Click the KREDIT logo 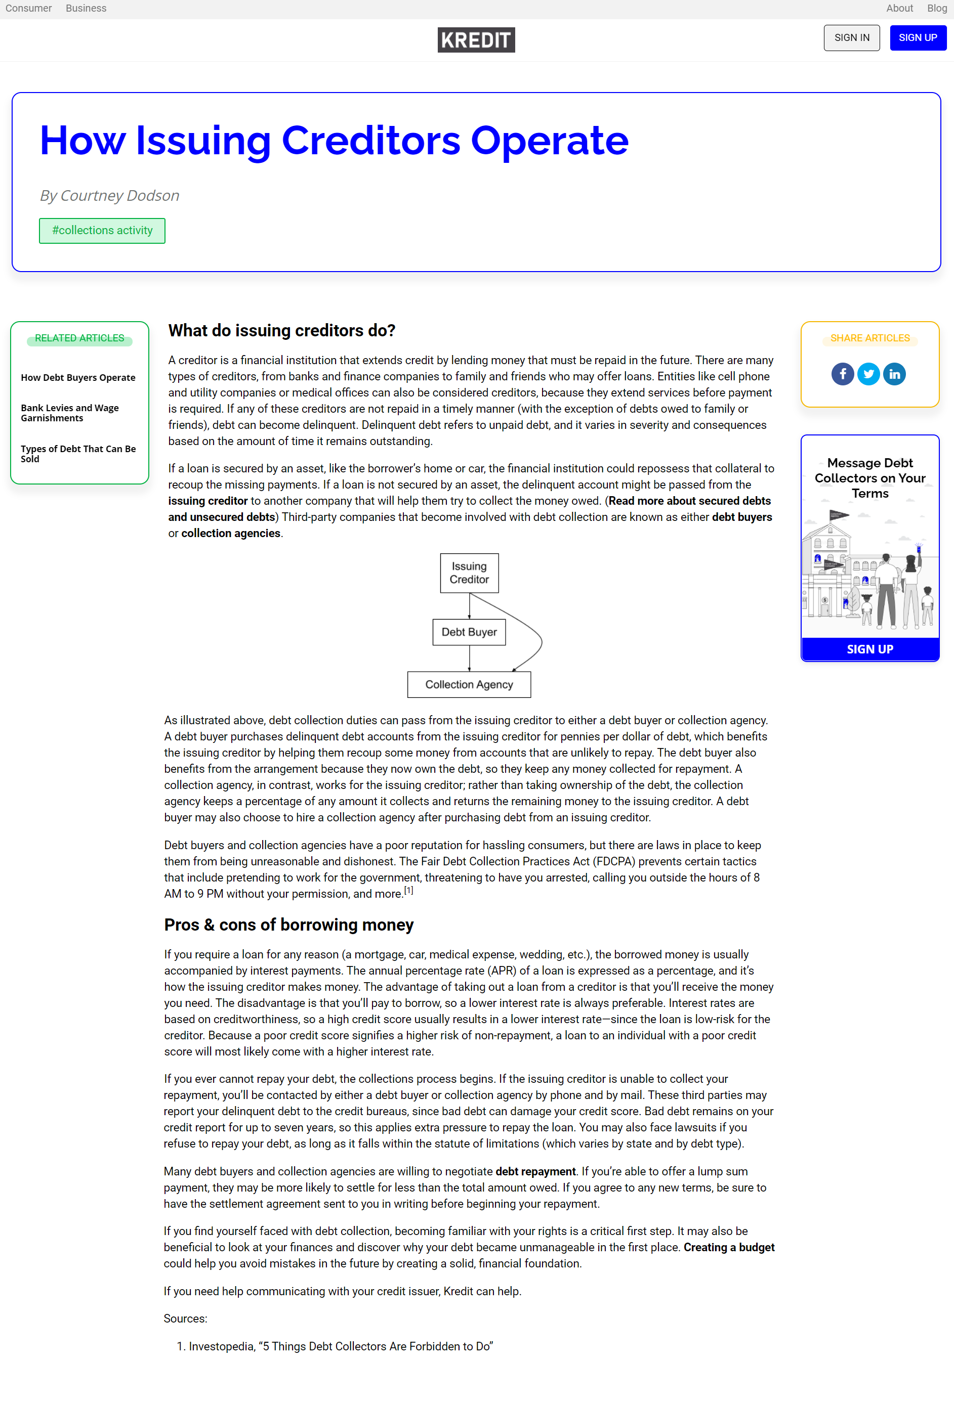point(476,40)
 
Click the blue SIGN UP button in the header point(917,38)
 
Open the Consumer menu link point(28,9)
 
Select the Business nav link point(86,9)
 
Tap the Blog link point(936,9)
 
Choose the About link point(899,9)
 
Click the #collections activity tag point(102,231)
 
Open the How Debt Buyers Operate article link point(78,378)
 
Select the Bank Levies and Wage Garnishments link point(70,413)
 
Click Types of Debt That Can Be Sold point(78,454)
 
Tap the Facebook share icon point(843,374)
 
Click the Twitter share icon point(868,374)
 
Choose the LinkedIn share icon point(895,374)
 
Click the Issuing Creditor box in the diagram point(470,573)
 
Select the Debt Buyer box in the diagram point(470,632)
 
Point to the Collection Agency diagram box point(470,685)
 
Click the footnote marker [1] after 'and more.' point(409,891)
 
